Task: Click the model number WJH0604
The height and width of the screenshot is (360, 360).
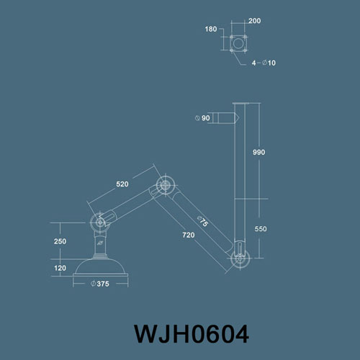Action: (x=192, y=334)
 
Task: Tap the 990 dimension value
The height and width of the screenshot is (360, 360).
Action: (x=258, y=152)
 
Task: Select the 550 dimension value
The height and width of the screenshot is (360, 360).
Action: (x=261, y=229)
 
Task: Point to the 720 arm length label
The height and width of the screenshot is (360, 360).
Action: (x=189, y=235)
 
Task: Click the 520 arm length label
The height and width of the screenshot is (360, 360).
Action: (x=122, y=184)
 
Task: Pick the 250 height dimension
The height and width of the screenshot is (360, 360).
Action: (x=60, y=241)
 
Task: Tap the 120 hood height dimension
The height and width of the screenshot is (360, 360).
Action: (x=60, y=268)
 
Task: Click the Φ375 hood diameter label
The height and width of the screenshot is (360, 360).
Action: (x=100, y=284)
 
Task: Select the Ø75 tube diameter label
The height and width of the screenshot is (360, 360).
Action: (x=202, y=221)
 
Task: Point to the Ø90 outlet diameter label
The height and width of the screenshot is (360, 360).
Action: (x=202, y=118)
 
